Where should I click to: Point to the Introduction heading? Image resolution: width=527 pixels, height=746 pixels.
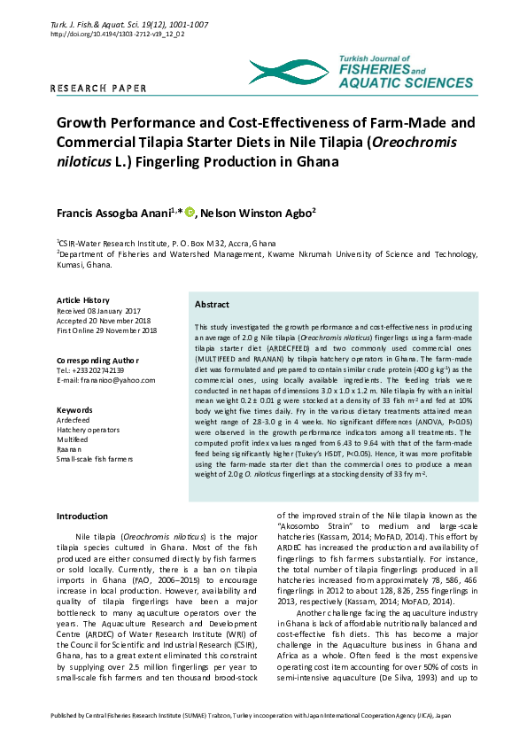click(82, 516)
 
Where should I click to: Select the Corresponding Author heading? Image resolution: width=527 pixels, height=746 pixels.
click(97, 361)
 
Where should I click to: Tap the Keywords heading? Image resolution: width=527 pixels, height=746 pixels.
click(74, 410)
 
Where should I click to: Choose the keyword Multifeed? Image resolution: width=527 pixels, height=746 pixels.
click(74, 439)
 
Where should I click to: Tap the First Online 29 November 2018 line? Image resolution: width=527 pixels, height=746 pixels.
click(106, 330)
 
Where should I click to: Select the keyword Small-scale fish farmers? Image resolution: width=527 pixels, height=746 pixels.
click(95, 459)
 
